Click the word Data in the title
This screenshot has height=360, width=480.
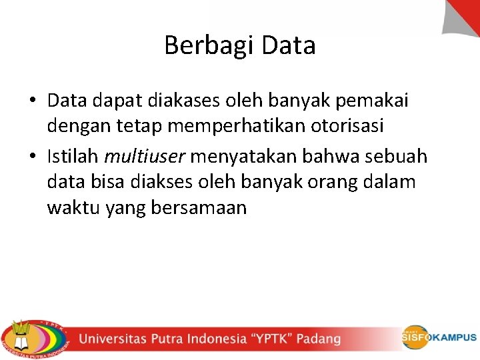289,45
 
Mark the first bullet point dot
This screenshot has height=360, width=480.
33,101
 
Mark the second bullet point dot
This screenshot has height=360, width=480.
33,157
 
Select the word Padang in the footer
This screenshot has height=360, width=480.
318,339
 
